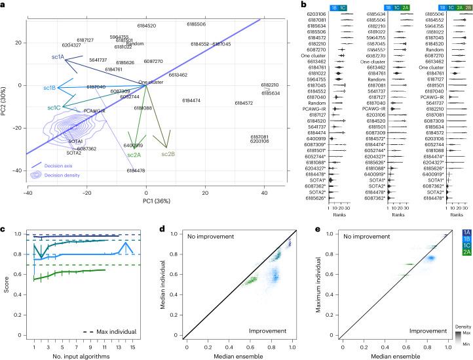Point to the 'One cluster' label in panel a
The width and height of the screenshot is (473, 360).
[x=151, y=83]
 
